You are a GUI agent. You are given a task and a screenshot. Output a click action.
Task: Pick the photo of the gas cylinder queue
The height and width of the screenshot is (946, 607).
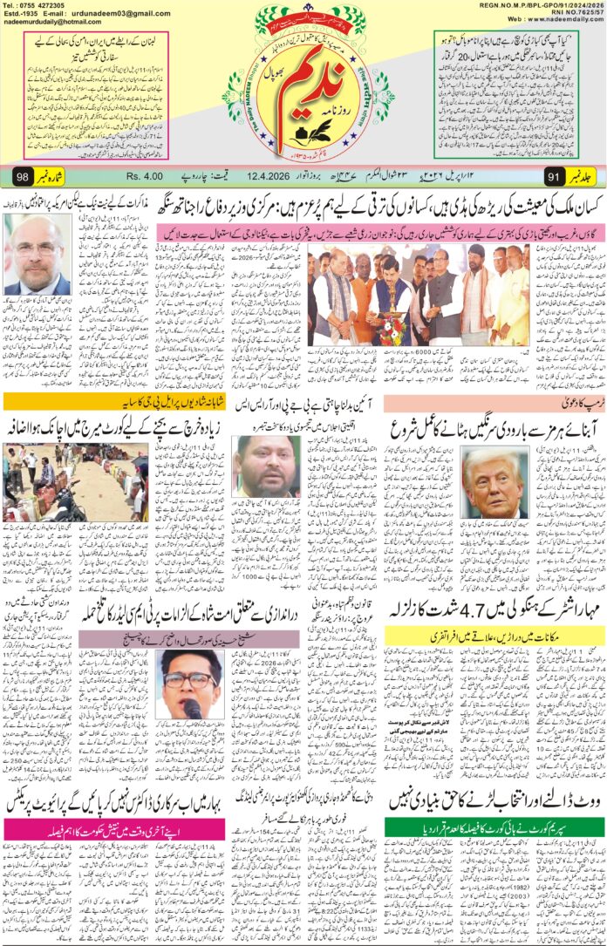[x=38, y=481]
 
